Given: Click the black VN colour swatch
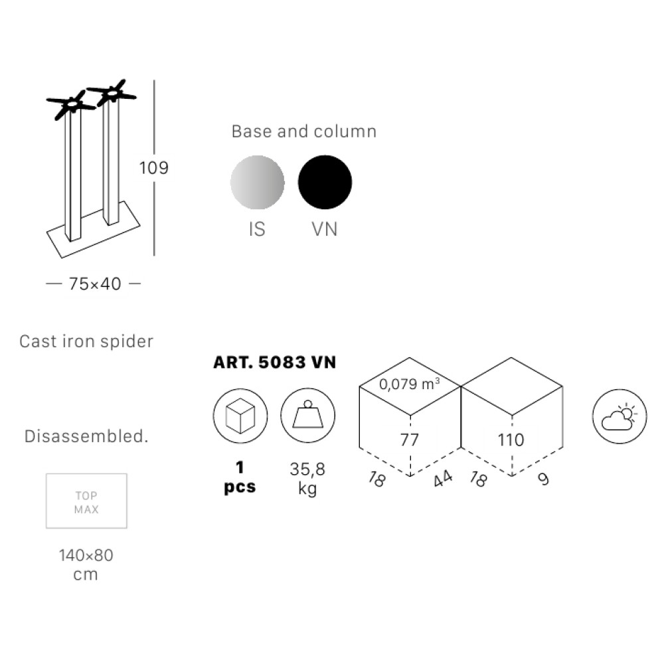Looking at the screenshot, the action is point(325,182).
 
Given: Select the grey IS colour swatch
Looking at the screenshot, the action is point(258,182).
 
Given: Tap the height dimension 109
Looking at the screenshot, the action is point(154,168).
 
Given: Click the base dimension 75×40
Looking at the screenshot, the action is point(95,284).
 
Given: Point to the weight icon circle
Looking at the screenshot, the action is point(308,416).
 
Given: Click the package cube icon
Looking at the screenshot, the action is point(240,416).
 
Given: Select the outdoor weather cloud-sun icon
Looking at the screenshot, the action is point(620,416).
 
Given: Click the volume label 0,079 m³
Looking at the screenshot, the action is point(409,384).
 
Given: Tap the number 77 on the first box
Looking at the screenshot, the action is point(410,440).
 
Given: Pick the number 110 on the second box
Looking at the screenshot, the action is point(511,440).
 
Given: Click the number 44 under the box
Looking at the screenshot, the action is point(443,479).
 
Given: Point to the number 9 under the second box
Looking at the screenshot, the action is point(543,479).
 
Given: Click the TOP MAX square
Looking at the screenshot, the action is point(86,501).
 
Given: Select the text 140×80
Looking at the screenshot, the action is point(86,555).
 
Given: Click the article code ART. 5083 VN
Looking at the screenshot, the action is point(275,363).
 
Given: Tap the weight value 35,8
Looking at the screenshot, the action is point(307,469).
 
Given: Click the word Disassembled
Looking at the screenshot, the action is point(86,436).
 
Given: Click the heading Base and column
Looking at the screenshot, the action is point(304,131).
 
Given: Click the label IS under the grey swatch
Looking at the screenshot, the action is point(257,229).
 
